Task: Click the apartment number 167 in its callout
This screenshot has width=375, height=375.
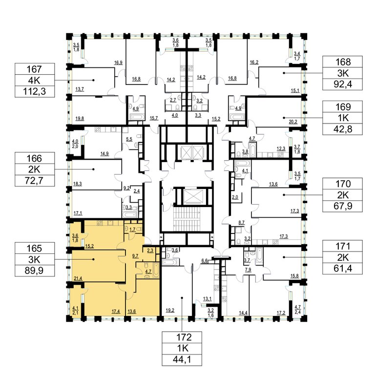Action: pyautogui.click(x=35, y=69)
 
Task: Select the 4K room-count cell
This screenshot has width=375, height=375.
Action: pyautogui.click(x=35, y=81)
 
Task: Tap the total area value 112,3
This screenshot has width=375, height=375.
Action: pyautogui.click(x=35, y=91)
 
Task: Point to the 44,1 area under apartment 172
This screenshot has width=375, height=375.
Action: pyautogui.click(x=182, y=359)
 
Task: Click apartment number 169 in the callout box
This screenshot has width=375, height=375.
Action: pyautogui.click(x=343, y=107)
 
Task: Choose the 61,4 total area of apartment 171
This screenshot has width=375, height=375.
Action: pyautogui.click(x=343, y=269)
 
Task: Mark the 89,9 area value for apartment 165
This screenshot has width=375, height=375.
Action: pyautogui.click(x=35, y=271)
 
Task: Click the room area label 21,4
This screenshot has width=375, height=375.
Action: pyautogui.click(x=78, y=279)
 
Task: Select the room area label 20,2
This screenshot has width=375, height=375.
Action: pyautogui.click(x=293, y=122)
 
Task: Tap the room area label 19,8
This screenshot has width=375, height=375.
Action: pyautogui.click(x=80, y=118)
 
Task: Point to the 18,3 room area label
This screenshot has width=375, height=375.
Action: pyautogui.click(x=78, y=184)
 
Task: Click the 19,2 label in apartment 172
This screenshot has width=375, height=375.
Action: pyautogui.click(x=170, y=311)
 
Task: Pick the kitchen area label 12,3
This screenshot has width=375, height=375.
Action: pyautogui.click(x=281, y=149)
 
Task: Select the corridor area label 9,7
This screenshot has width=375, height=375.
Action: pyautogui.click(x=135, y=256)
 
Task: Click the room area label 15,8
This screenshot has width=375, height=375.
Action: pyautogui.click(x=294, y=276)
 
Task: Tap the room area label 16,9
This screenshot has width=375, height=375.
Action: pyautogui.click(x=118, y=63)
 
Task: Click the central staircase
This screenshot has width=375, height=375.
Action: pyautogui.click(x=187, y=219)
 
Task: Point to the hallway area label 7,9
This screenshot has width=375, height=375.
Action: pyautogui.click(x=248, y=270)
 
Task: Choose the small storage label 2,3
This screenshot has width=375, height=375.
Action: pyautogui.click(x=150, y=250)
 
